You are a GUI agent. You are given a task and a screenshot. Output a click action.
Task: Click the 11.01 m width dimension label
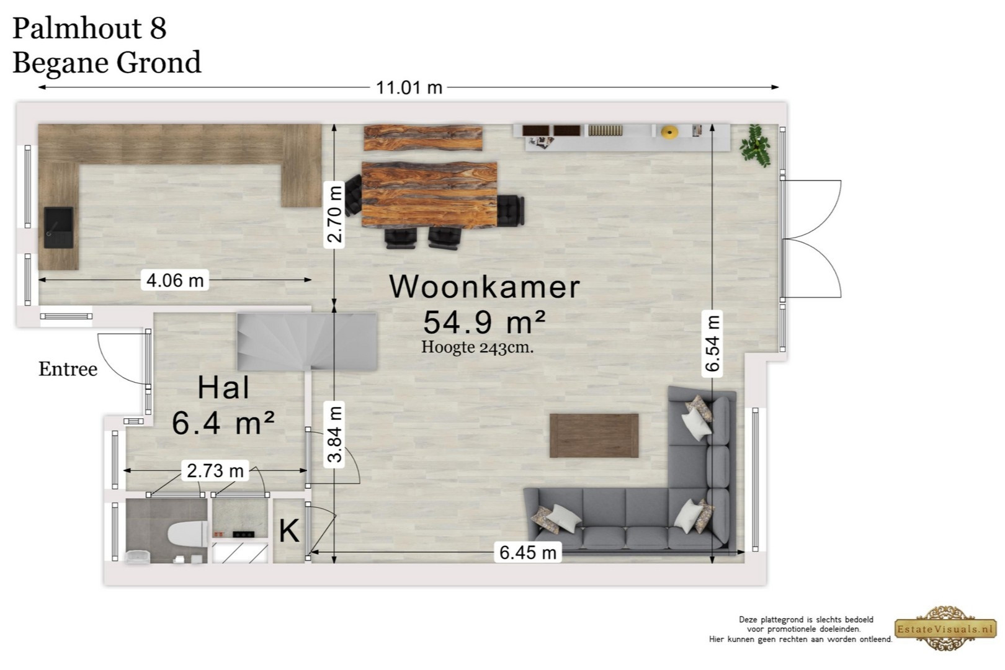click(x=409, y=88)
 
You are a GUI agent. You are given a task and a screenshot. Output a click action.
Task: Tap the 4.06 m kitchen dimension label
click(x=175, y=280)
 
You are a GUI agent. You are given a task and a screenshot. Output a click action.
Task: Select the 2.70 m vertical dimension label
click(x=334, y=215)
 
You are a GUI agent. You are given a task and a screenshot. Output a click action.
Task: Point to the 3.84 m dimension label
click(x=334, y=434)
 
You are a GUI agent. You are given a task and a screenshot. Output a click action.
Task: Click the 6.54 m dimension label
click(x=712, y=344)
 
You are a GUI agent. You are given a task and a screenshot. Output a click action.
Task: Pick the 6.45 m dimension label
click(x=527, y=552)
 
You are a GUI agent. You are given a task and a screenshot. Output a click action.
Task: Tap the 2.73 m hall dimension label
click(x=215, y=471)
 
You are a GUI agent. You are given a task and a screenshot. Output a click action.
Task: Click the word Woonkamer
click(x=484, y=287)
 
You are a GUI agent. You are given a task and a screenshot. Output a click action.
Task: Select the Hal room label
click(x=223, y=388)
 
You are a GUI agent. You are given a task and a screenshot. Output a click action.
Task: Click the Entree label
click(x=68, y=369)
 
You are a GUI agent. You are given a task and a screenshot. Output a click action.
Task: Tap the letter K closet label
click(x=288, y=531)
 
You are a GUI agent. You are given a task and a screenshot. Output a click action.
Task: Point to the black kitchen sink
click(x=59, y=228)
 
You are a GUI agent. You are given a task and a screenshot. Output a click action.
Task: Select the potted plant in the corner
click(x=756, y=146)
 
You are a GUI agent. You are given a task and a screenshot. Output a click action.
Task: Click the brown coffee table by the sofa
click(x=594, y=435)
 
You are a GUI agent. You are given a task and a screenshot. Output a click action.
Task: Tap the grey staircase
click(x=307, y=341)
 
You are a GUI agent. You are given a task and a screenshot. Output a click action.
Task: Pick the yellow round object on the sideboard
click(x=669, y=132)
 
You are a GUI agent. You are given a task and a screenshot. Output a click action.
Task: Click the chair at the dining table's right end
click(x=511, y=210)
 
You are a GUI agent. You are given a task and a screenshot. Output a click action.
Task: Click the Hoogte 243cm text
click(x=478, y=347)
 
